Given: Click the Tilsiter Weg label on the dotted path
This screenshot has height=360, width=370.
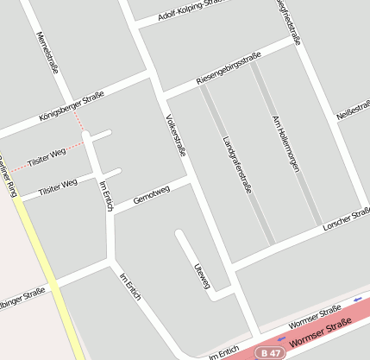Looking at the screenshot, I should coord(46,157).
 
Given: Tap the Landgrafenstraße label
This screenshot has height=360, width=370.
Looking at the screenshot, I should coord(235,163).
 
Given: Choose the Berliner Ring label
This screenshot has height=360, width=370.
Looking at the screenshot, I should coord(6,176).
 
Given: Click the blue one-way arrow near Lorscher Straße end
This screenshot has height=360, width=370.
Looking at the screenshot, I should coord(358,299).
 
